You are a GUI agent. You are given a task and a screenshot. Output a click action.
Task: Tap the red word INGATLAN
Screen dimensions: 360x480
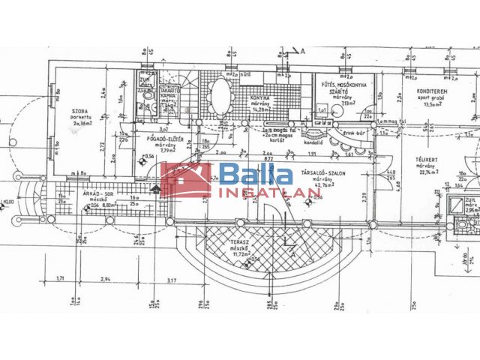pos(270,192)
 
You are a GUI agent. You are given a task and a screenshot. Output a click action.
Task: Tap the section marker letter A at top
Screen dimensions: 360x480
pos(304,51)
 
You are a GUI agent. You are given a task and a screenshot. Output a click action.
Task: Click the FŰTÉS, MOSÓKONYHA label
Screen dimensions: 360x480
pos(339,84)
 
